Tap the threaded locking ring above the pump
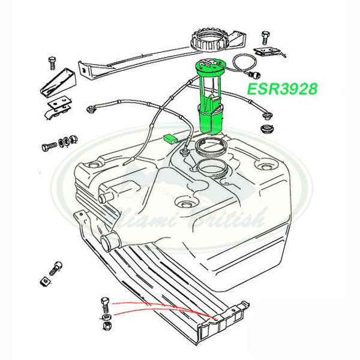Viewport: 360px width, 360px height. (208, 40)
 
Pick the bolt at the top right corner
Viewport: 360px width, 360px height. (263, 36)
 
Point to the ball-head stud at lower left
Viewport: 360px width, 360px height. (56, 265)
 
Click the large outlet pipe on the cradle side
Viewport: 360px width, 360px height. (110, 244)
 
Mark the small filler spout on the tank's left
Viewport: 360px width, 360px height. (106, 196)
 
